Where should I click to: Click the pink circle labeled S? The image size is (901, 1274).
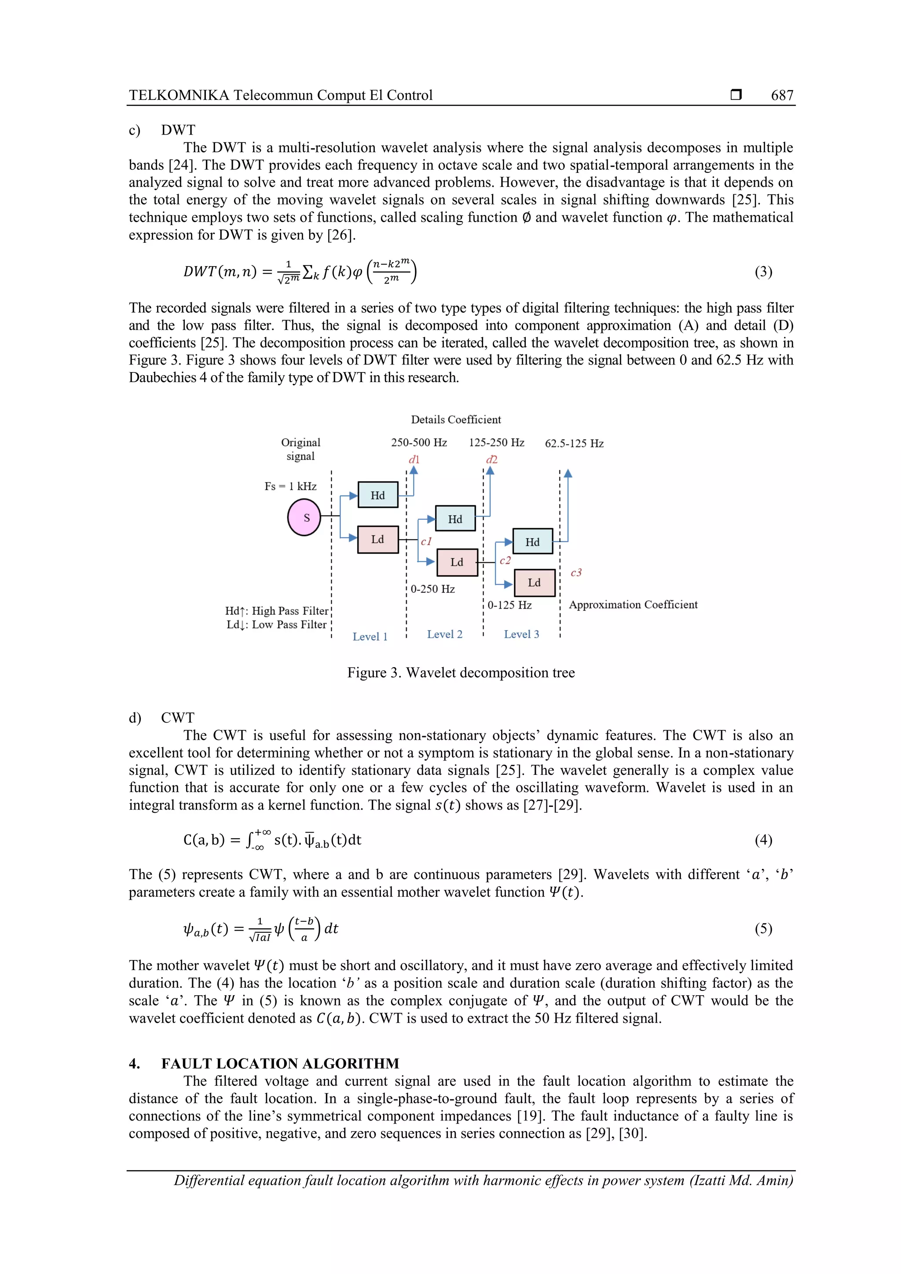[x=304, y=517]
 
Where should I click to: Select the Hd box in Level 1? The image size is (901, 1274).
[x=377, y=495]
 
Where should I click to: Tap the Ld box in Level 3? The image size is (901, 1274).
[x=534, y=583]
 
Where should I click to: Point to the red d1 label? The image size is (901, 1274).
[x=414, y=460]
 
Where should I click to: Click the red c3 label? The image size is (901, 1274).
[x=576, y=572]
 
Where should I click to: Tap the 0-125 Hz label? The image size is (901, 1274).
[x=509, y=605]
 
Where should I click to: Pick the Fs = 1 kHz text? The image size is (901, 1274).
[x=290, y=486]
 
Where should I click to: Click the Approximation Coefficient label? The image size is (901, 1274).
[x=633, y=604]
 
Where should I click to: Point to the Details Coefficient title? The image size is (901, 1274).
[x=455, y=420]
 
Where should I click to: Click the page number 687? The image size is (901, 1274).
[x=782, y=95]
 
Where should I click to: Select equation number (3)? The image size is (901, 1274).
[x=763, y=271]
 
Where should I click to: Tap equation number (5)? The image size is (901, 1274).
[x=763, y=928]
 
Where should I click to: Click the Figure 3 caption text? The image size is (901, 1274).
[x=461, y=672]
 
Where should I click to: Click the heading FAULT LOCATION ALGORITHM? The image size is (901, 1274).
[x=280, y=1063]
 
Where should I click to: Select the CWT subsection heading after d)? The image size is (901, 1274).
[x=177, y=717]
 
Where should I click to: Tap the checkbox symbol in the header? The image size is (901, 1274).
[x=736, y=95]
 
